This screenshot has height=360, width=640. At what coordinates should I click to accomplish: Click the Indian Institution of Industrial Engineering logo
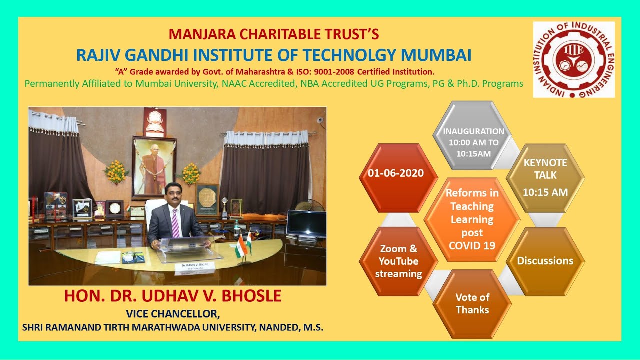[574, 59]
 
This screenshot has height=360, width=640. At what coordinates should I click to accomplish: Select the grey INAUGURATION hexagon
[473, 142]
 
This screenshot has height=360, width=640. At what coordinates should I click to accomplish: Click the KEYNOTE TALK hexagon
[545, 178]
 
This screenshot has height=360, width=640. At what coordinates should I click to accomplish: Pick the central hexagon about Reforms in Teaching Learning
[472, 219]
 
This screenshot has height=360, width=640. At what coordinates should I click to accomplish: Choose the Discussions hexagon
[545, 261]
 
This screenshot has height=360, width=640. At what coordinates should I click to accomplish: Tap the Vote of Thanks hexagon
[472, 303]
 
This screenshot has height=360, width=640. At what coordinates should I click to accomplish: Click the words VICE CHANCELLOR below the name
[172, 315]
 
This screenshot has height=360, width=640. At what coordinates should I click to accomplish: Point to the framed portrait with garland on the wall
[154, 167]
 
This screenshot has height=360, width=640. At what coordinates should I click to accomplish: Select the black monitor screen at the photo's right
[306, 224]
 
